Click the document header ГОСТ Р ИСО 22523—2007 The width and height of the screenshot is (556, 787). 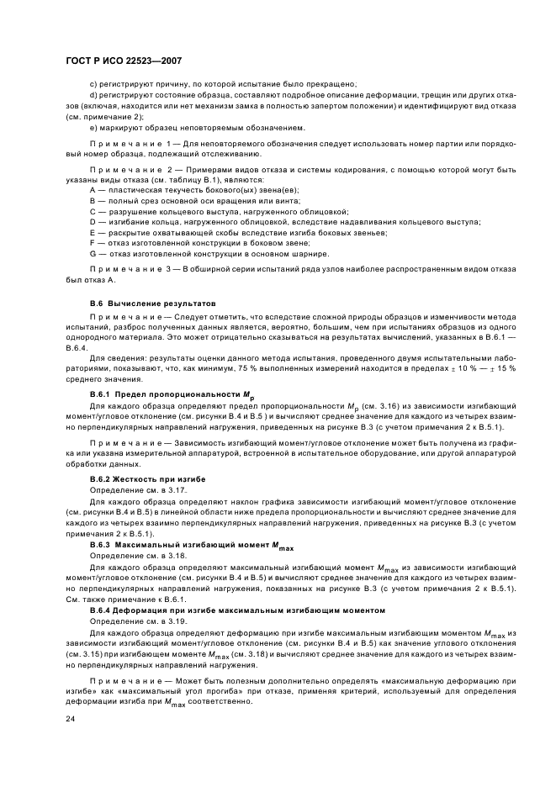coord(124,62)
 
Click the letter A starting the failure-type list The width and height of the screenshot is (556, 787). coord(92,192)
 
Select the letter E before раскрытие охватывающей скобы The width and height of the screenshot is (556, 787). coord(92,232)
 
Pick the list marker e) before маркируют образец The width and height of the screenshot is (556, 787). coord(93,128)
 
